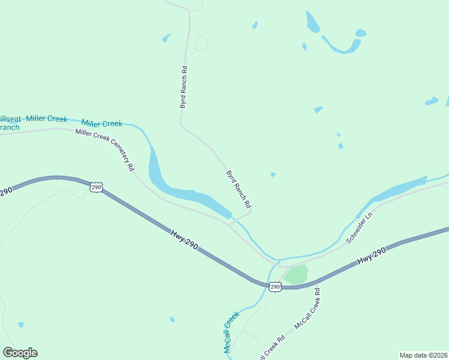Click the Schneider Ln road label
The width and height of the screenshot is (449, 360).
coord(359,227)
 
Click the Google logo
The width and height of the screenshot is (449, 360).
coord(20,353)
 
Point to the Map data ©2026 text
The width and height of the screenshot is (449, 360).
coord(423,355)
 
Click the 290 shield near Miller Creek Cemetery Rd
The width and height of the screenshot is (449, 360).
coord(96,188)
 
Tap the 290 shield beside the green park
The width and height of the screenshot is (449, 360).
coord(275,287)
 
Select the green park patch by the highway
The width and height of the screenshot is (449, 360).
coord(296,274)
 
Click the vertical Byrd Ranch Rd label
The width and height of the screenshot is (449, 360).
coord(184,87)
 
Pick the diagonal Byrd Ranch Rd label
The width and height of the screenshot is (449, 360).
coord(238,188)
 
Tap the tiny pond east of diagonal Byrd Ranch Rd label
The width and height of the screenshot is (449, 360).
coord(273,175)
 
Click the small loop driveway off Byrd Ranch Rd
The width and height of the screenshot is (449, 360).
coord(202,43)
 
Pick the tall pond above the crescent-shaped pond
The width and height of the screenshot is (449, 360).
coord(312,22)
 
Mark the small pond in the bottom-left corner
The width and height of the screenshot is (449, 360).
coord(21,325)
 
